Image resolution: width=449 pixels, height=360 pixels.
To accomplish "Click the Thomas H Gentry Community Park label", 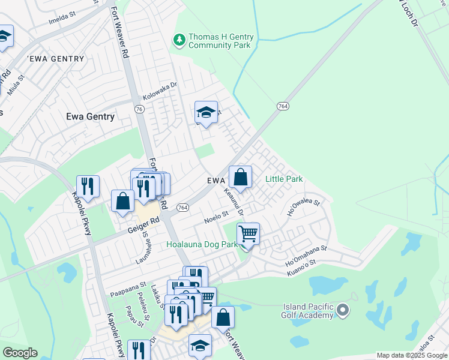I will [220, 41].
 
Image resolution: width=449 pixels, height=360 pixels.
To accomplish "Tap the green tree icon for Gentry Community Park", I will [179, 40].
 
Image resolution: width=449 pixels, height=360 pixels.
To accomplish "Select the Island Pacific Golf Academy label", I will [308, 311].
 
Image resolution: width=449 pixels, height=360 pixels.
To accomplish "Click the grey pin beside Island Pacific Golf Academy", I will [343, 310].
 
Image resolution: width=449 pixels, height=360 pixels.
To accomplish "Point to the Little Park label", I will [284, 179].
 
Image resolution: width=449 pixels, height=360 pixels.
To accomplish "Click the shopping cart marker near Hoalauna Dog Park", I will [247, 234].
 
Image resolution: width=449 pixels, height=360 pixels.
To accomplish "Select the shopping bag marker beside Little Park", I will [240, 177].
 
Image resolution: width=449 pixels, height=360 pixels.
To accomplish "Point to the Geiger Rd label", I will [142, 225].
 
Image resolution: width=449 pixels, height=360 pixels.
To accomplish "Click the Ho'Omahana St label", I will [306, 251].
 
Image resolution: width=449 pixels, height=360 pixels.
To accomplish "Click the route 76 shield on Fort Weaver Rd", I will [139, 109].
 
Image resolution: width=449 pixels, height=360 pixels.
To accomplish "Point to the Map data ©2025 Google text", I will [411, 355].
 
